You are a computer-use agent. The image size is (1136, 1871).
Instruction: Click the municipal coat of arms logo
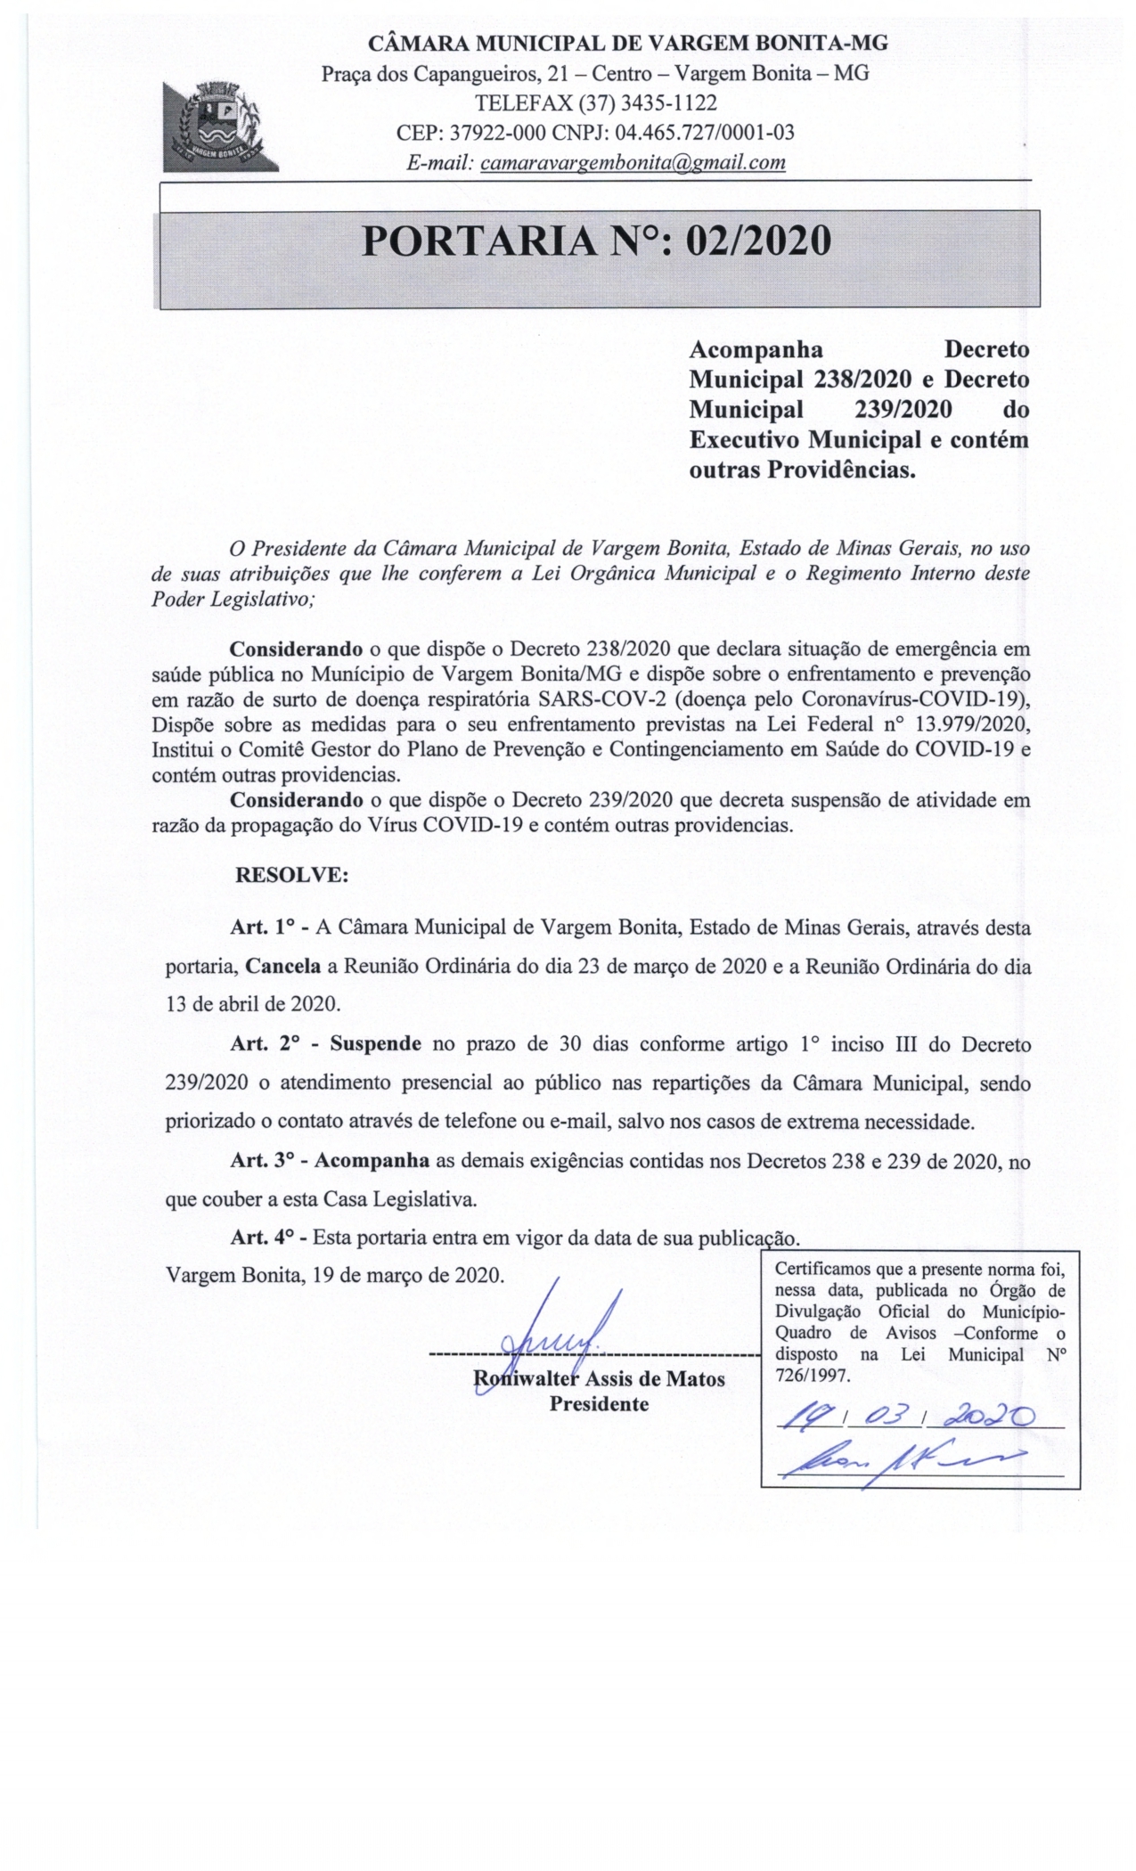coord(219,126)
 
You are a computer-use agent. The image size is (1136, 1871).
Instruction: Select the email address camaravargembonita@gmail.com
coord(633,162)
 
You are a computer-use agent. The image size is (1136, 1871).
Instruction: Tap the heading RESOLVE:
coord(291,874)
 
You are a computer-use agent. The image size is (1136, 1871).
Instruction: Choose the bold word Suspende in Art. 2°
coord(375,1043)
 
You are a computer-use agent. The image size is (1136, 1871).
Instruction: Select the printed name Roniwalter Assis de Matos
coord(599,1379)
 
